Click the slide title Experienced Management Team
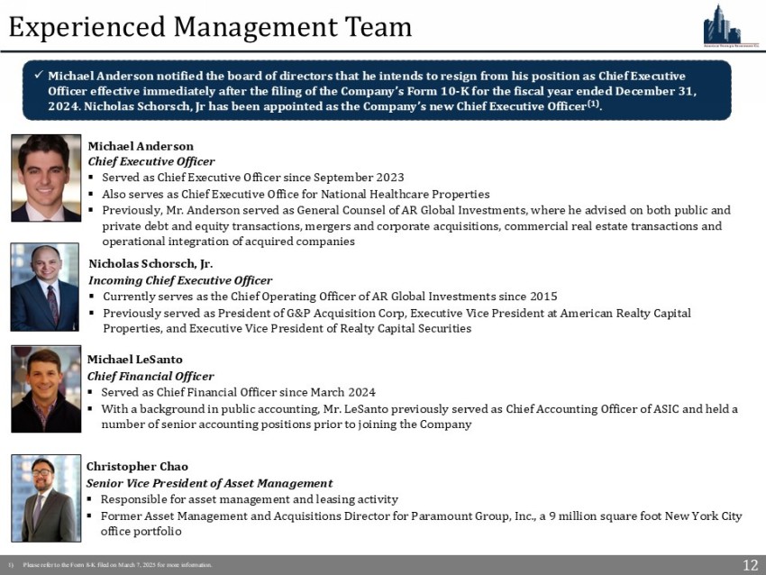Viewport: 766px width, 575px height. coord(210,26)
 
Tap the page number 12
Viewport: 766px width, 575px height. coord(750,565)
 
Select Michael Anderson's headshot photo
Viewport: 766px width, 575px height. coord(46,178)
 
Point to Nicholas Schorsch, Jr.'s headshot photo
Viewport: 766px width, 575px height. coord(45,287)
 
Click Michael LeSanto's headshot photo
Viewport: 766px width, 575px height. coord(46,389)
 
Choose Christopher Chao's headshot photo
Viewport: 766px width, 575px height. coord(46,497)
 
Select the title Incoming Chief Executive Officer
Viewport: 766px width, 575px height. coord(180,280)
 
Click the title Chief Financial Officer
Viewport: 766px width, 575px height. coord(150,376)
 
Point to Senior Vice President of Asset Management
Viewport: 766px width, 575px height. coord(209,483)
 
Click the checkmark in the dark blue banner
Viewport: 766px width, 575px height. coord(38,76)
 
